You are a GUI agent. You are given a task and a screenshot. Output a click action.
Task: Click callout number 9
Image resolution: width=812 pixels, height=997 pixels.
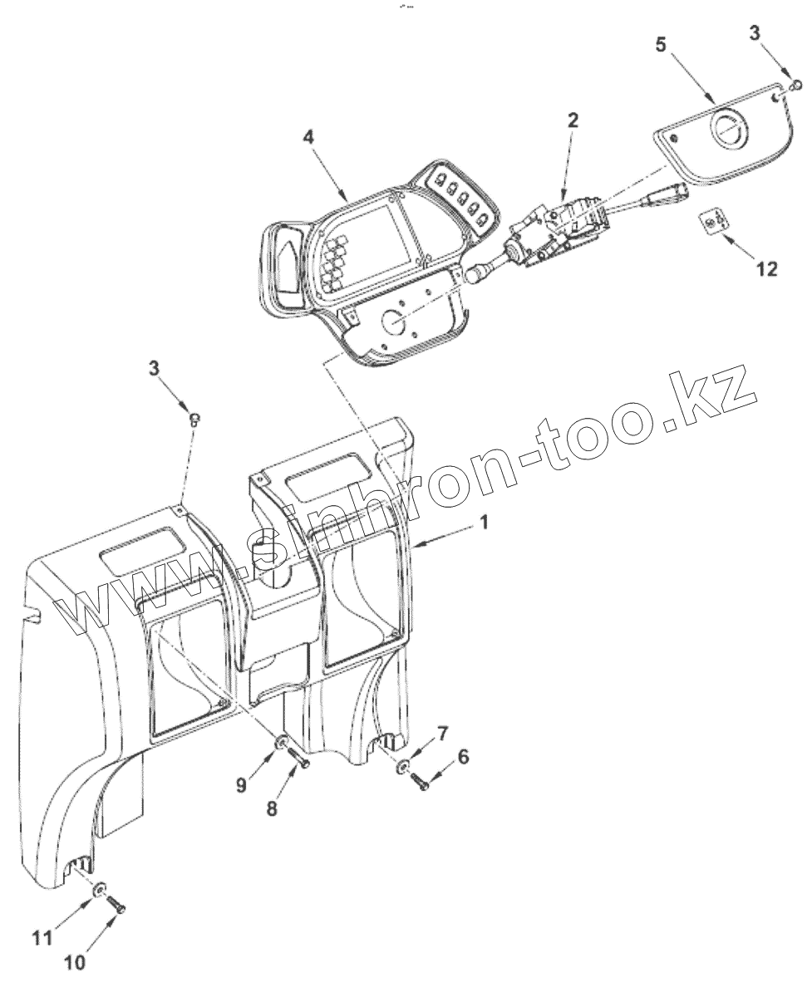click(x=241, y=783)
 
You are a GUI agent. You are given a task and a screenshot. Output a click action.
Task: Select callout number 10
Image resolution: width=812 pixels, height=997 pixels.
click(x=74, y=962)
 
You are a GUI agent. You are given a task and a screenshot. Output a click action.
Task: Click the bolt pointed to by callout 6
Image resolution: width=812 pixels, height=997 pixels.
click(x=421, y=781)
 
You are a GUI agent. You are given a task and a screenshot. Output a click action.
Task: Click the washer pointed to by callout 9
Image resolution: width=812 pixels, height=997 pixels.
click(x=282, y=742)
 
